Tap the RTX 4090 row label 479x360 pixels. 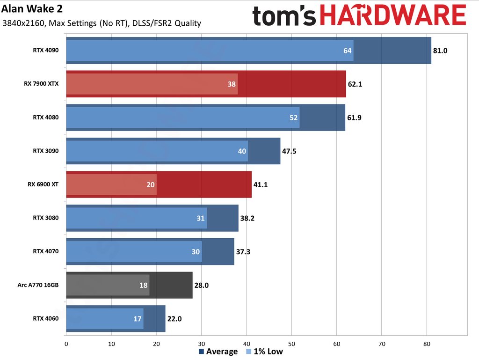(x=45, y=50)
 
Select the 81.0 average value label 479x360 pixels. (x=440, y=50)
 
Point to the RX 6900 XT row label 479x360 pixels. (x=44, y=184)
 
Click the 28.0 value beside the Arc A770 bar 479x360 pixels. (x=201, y=285)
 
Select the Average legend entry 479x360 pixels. (x=219, y=352)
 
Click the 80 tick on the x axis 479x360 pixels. (x=427, y=344)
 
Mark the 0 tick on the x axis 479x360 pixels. (x=66, y=344)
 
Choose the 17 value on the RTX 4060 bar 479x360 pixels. (x=138, y=318)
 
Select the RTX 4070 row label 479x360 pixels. (x=45, y=251)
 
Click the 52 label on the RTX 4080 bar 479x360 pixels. (x=294, y=118)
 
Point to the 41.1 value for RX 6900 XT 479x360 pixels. (x=261, y=184)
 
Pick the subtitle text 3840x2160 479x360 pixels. (x=21, y=23)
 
